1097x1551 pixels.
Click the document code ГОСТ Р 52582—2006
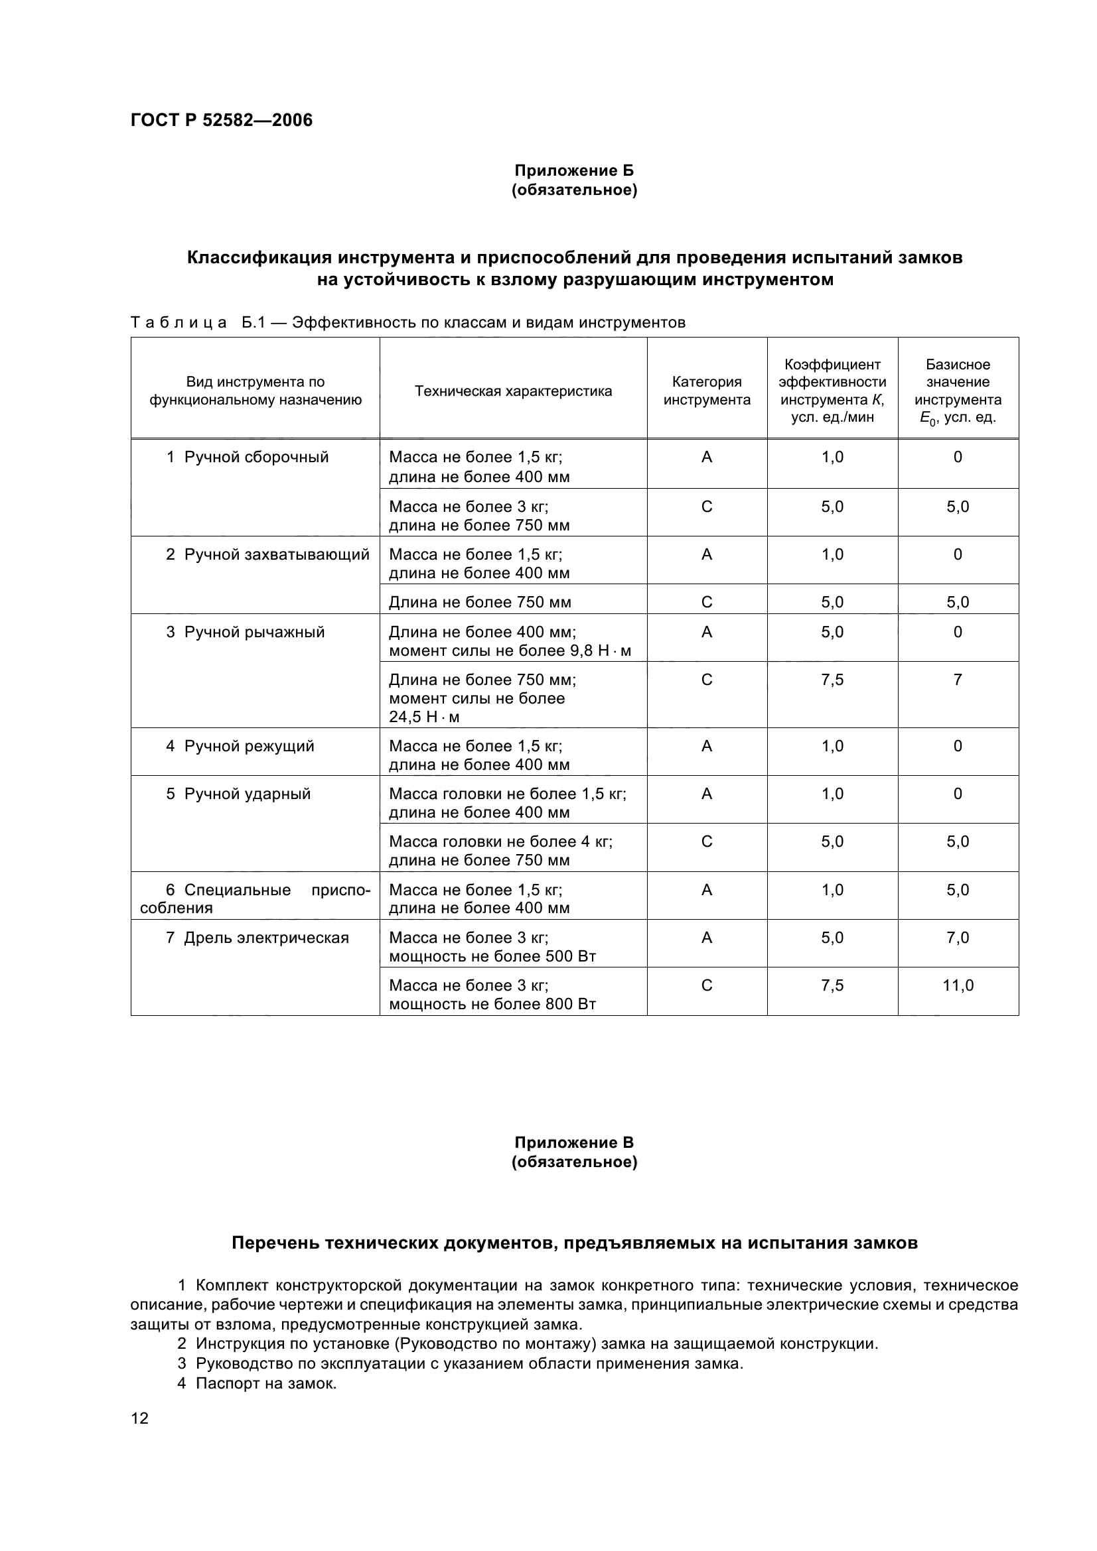pos(221,120)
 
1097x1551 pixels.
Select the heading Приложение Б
pos(574,170)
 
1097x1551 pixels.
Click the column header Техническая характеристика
pos(513,391)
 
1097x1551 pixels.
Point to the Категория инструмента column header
pos(706,391)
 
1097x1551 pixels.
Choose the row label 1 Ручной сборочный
pos(248,458)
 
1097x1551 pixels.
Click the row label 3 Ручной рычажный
pos(246,633)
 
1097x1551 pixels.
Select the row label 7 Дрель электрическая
pos(257,938)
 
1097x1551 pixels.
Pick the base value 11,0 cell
pos(958,985)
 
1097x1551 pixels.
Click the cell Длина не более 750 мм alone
pos(480,602)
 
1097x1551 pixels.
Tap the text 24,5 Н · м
pos(424,717)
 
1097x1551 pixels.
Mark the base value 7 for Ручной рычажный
pos(958,680)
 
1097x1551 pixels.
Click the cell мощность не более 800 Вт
pos(492,1004)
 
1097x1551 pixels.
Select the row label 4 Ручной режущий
pos(240,747)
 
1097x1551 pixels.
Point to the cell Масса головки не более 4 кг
pos(500,841)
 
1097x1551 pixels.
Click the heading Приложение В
pos(574,1143)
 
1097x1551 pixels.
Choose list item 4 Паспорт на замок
pos(257,1383)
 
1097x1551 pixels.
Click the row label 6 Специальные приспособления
pos(256,899)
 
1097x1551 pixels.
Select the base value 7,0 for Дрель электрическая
pos(958,938)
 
